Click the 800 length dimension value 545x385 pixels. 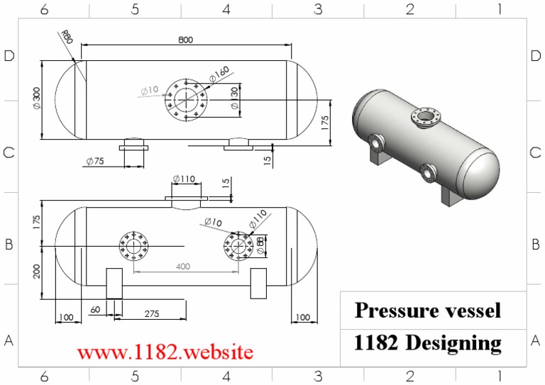[x=185, y=40]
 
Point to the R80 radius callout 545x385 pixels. [x=67, y=35]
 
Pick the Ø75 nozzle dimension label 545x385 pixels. [x=94, y=161]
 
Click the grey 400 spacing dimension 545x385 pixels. [x=183, y=266]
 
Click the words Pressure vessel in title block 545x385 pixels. [x=428, y=310]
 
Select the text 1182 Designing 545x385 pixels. [x=428, y=343]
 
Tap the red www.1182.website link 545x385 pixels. [x=165, y=352]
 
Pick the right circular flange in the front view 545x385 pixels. [x=238, y=246]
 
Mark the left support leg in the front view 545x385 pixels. [x=114, y=283]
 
